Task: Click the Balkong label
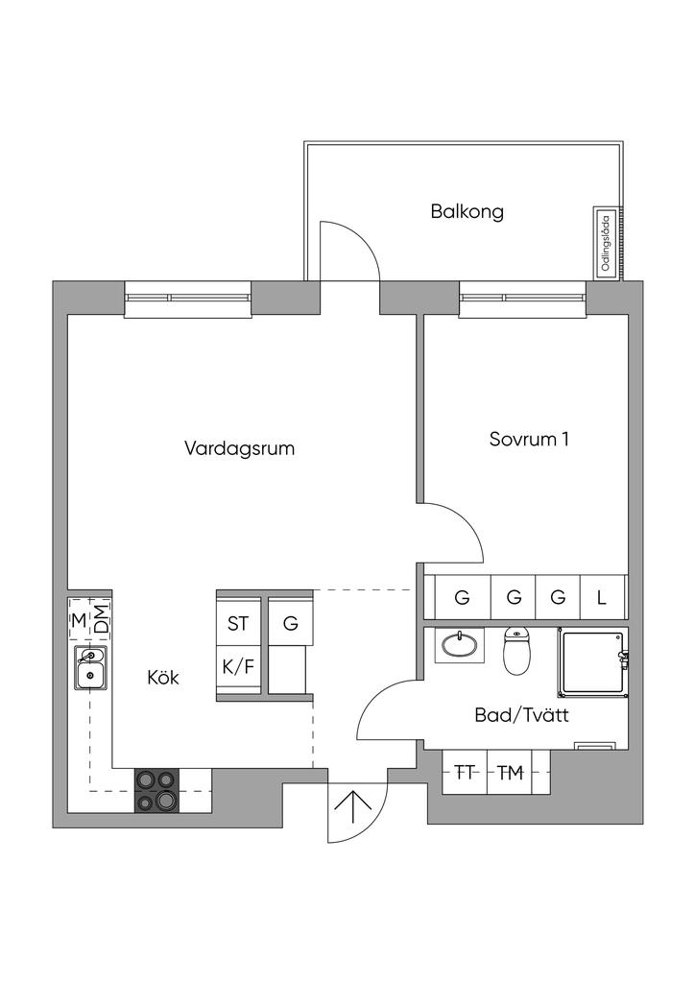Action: coord(467,212)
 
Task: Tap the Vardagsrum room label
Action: coord(239,448)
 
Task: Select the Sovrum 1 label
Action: coord(529,440)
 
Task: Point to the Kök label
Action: coord(163,678)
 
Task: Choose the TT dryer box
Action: coord(466,773)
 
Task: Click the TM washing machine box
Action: coord(510,773)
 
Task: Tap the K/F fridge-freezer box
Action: coord(238,666)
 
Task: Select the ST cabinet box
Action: coord(238,623)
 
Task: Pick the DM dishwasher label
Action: coord(101,618)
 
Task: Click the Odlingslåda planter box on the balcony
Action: coord(606,242)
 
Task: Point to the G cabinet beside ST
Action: coord(290,623)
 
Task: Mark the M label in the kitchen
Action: coord(79,618)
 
